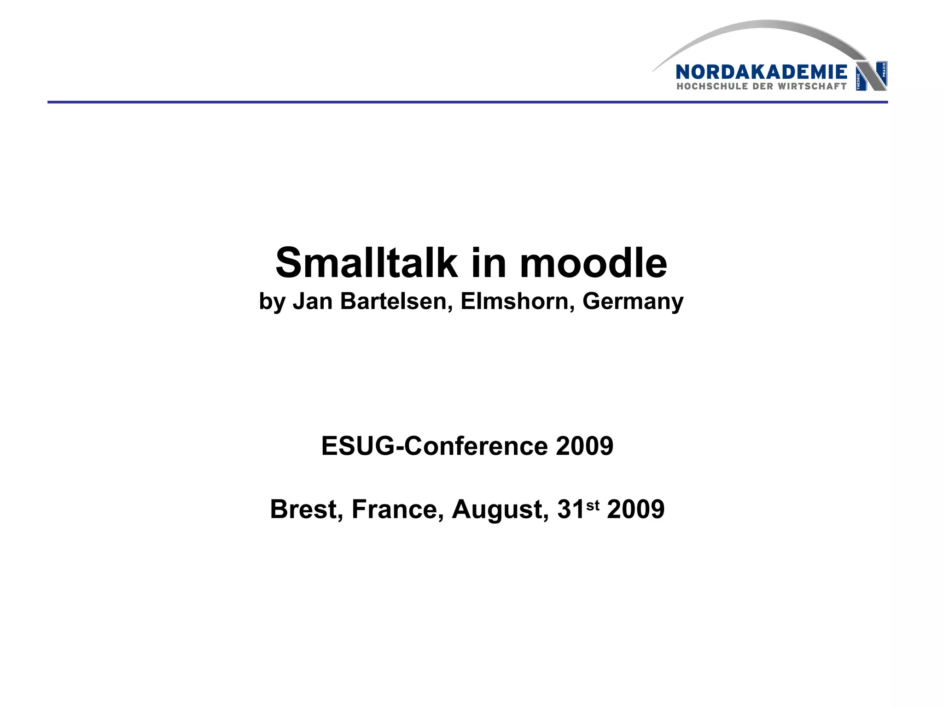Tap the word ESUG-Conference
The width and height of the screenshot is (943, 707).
tap(435, 446)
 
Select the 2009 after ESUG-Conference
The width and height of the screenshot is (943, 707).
tap(584, 446)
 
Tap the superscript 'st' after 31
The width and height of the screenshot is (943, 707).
tap(593, 505)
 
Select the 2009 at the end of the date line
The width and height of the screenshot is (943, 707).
tap(635, 510)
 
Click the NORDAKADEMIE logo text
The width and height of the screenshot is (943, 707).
tap(761, 72)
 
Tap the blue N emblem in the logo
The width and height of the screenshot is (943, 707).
tap(871, 76)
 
